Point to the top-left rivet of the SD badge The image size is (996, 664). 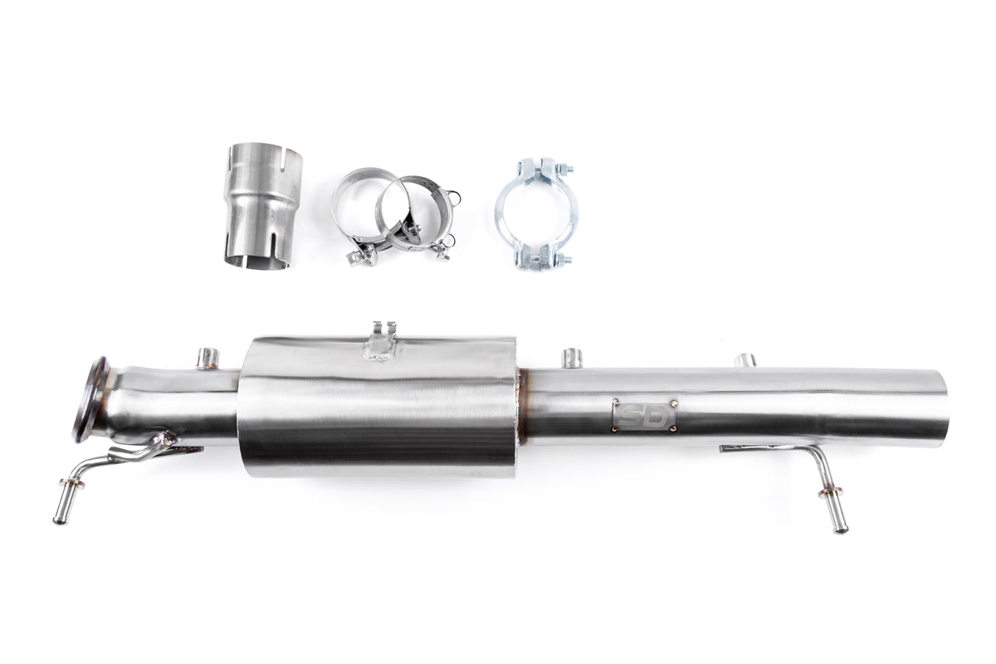click(x=616, y=403)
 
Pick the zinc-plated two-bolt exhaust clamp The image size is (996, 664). click(x=537, y=214)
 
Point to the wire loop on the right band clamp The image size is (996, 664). click(x=453, y=195)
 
